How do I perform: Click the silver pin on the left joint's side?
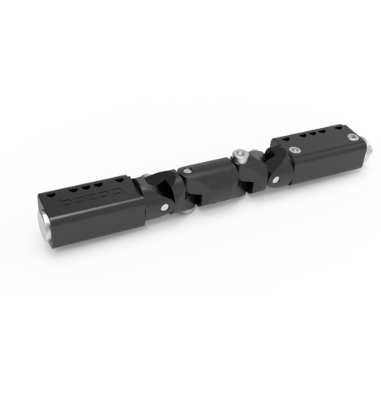tap(164, 208)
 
